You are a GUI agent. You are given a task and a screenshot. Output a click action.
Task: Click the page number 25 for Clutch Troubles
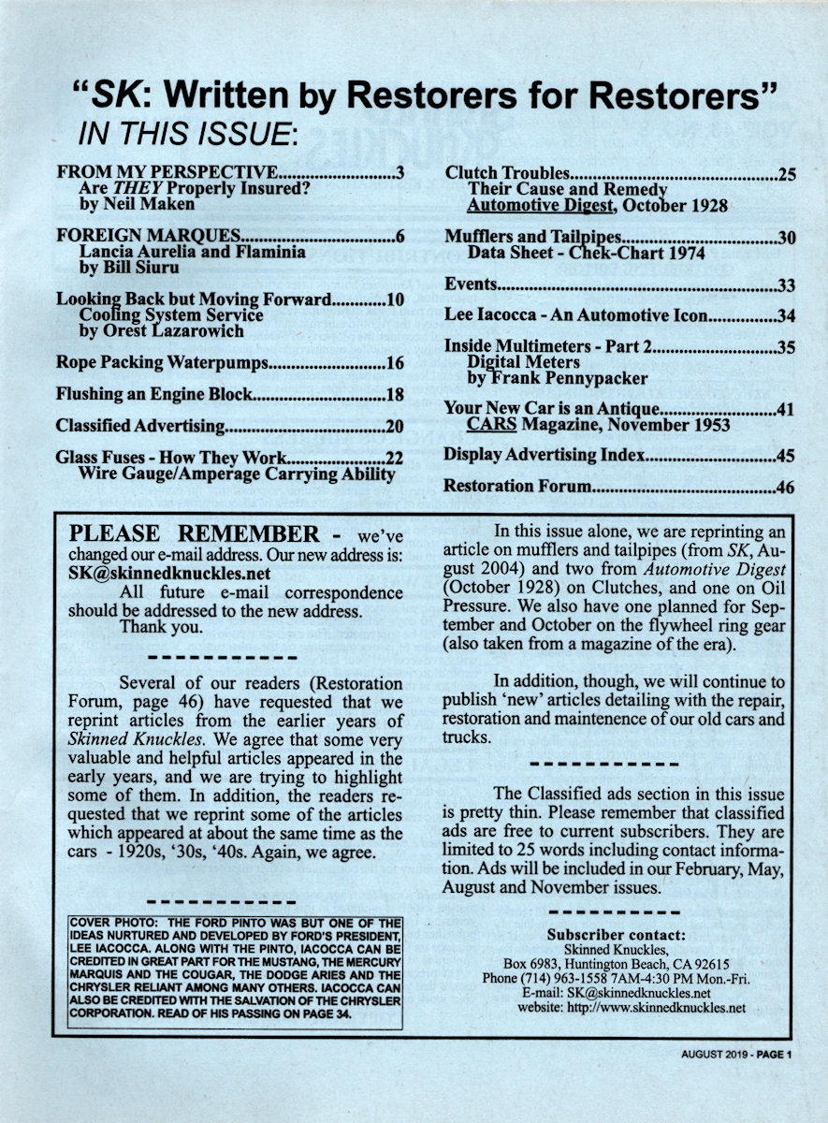tap(786, 175)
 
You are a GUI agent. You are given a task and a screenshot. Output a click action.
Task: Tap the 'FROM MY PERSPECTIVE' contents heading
tap(167, 172)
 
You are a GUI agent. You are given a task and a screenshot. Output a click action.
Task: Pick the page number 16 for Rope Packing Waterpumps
tap(394, 362)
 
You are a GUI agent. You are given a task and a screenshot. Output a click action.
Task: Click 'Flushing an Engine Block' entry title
tap(154, 394)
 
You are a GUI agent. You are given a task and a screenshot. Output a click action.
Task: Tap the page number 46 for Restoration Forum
tap(786, 488)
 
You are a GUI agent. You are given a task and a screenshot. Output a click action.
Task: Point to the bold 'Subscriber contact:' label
tap(617, 934)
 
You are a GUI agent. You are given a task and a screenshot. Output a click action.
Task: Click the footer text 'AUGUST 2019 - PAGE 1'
tap(736, 1055)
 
